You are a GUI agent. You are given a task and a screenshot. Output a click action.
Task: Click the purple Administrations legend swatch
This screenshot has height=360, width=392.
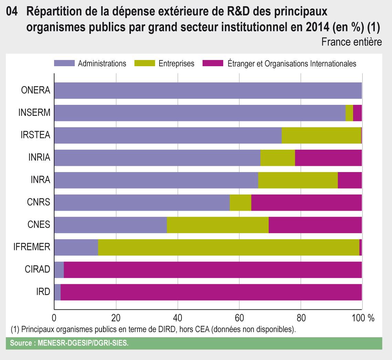click(64, 63)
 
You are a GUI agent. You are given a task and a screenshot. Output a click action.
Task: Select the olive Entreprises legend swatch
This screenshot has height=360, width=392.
click(145, 63)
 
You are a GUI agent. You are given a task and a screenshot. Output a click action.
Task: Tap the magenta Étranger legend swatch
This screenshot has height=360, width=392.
click(213, 63)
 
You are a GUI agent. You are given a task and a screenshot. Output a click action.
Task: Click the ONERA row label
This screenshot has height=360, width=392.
click(36, 91)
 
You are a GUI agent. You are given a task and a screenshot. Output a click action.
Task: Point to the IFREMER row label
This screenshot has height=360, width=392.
click(32, 247)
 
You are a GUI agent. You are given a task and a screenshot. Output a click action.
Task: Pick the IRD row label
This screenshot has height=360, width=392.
click(43, 292)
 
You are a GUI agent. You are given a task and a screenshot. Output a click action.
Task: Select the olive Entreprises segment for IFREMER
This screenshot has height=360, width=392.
click(228, 247)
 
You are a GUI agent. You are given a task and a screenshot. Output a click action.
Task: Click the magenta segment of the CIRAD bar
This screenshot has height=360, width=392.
click(213, 270)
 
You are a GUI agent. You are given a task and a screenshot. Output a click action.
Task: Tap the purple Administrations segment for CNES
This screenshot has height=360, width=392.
click(110, 225)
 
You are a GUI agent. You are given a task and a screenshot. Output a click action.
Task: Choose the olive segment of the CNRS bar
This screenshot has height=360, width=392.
click(240, 202)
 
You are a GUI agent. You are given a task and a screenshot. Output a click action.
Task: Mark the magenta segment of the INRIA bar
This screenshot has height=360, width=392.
click(328, 158)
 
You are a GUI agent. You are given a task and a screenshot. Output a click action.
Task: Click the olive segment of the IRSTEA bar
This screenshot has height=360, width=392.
click(321, 136)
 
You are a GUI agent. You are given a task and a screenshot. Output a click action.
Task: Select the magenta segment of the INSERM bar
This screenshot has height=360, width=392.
click(357, 113)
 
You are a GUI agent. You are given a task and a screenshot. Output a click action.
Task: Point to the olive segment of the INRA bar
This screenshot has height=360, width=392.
click(298, 180)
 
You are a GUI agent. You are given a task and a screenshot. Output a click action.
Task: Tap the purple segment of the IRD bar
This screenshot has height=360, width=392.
click(57, 292)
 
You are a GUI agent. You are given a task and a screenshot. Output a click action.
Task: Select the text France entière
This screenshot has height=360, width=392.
click(351, 42)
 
